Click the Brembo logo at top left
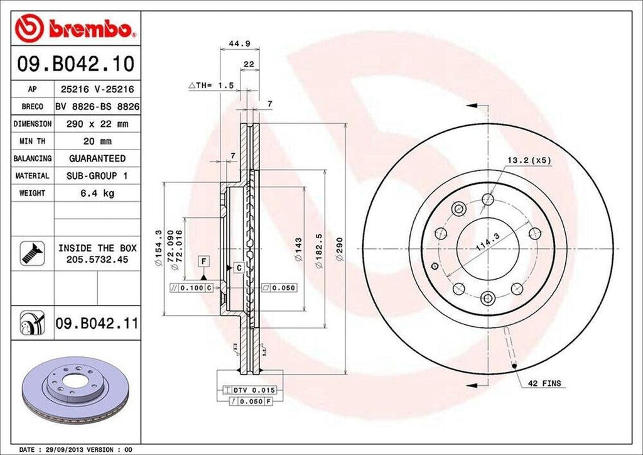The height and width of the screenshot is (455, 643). click(75, 28)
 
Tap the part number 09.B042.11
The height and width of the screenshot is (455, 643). click(97, 324)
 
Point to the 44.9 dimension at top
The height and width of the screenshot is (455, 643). click(234, 43)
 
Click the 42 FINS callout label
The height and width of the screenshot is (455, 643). click(544, 383)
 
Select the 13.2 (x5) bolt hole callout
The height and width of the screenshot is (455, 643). click(529, 160)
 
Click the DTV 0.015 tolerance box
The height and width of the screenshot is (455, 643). click(254, 390)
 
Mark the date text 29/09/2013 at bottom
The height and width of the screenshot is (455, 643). click(65, 450)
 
